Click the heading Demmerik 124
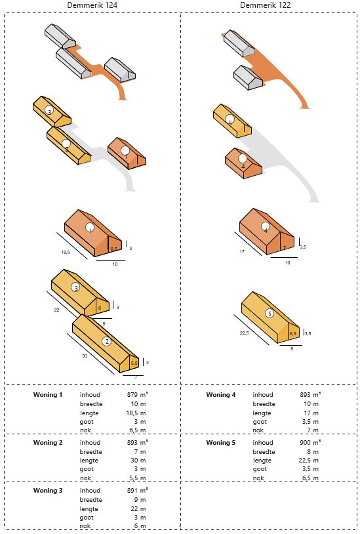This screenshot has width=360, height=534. (x=92, y=5)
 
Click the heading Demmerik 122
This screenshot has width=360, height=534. (x=266, y=5)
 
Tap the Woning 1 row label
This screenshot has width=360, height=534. (x=48, y=395)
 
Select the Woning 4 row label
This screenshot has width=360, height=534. (x=220, y=395)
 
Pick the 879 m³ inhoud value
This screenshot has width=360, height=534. (x=137, y=395)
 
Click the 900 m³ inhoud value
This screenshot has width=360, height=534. (x=310, y=442)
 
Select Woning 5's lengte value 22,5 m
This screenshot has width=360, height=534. (x=309, y=461)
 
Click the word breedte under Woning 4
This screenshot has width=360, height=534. (x=264, y=404)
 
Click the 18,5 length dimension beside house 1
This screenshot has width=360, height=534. (x=66, y=253)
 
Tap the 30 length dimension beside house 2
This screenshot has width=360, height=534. (x=85, y=356)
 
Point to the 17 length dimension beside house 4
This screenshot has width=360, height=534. (x=242, y=252)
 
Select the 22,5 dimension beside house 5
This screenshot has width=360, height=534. (x=245, y=333)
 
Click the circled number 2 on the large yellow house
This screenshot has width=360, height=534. (x=107, y=341)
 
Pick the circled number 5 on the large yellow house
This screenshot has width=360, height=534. (x=270, y=314)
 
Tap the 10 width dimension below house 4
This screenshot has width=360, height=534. (x=287, y=262)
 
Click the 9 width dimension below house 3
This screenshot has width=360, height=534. (x=104, y=323)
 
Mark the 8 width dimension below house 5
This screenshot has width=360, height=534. (x=292, y=349)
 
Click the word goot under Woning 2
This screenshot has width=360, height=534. (x=87, y=469)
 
